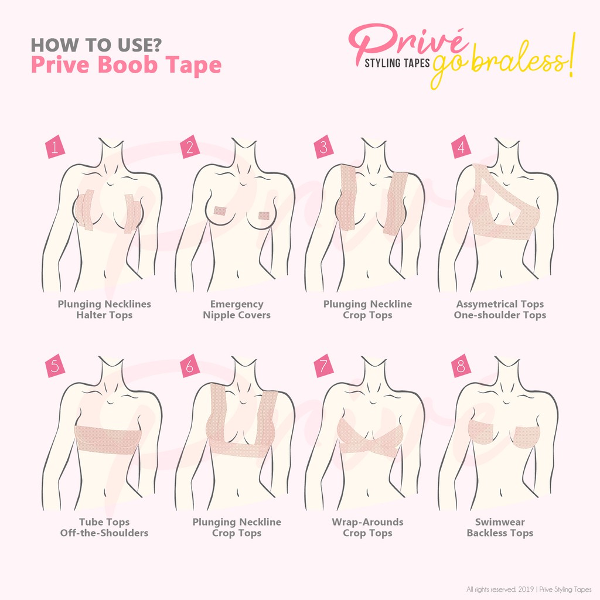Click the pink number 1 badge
pos(55,146)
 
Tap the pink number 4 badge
pos(461,146)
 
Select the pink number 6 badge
pos(190,366)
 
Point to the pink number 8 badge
pos(461,366)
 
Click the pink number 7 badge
pos(323,366)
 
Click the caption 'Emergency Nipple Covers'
pos(237,309)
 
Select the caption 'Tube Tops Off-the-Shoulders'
pos(104,527)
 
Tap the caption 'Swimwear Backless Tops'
pos(500,527)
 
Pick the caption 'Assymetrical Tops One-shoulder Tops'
pos(500,309)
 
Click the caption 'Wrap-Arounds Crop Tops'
pos(367,527)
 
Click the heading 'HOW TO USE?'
pos(96,45)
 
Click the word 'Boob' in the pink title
pos(128,64)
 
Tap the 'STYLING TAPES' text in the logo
pos(397,63)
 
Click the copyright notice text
pos(529,589)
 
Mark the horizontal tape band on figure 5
pos(108,439)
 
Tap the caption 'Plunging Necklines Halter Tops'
pos(104,309)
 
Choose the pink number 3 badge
pos(323,146)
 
